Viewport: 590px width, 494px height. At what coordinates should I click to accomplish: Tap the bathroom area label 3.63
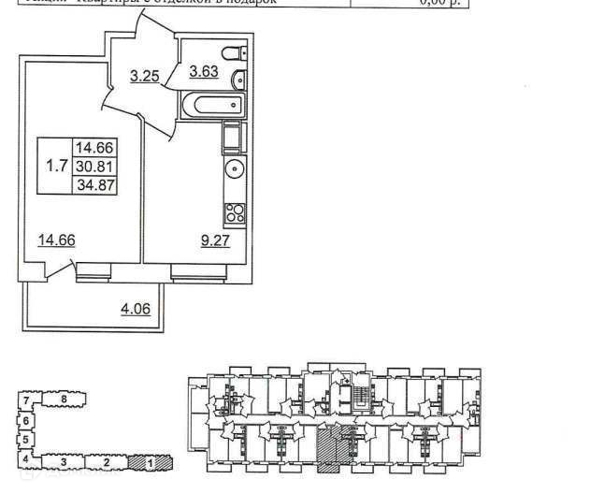(203, 70)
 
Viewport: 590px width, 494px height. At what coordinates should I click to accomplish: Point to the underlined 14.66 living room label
(56, 240)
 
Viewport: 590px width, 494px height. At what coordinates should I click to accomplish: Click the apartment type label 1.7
(56, 167)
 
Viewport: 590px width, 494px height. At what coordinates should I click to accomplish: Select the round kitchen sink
(234, 171)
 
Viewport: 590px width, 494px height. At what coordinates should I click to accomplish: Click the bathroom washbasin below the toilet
(237, 78)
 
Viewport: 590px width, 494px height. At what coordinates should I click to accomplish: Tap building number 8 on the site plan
(62, 400)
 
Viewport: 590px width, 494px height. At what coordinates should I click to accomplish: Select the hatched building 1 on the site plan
(149, 461)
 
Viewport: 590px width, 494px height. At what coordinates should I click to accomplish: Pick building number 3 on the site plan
(63, 462)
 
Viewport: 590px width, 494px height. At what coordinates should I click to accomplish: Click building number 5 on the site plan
(26, 439)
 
